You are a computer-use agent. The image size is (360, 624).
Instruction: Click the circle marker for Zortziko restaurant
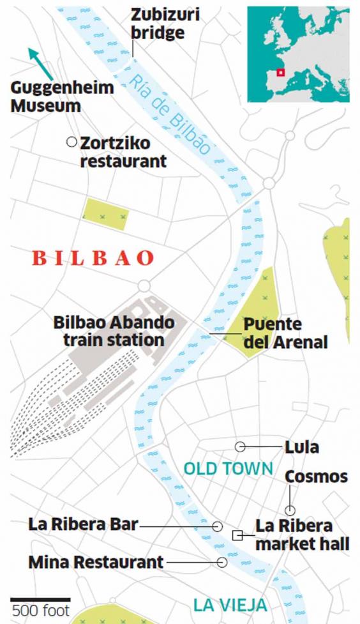[71, 142]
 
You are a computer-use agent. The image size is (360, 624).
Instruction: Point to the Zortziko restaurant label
[123, 151]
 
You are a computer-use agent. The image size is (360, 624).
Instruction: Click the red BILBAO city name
[93, 259]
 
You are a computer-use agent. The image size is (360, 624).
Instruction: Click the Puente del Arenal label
[285, 333]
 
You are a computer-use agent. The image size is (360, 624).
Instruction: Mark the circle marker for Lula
[240, 446]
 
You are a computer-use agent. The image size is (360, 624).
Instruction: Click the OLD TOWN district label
[228, 469]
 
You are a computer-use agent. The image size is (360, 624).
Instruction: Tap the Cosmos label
[316, 476]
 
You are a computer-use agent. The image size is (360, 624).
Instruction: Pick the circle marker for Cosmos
[290, 510]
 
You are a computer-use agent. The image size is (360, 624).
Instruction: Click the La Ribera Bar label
[83, 525]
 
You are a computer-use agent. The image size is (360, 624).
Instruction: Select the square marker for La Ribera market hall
[237, 535]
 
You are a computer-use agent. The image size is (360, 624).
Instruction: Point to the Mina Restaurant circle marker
[221, 563]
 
